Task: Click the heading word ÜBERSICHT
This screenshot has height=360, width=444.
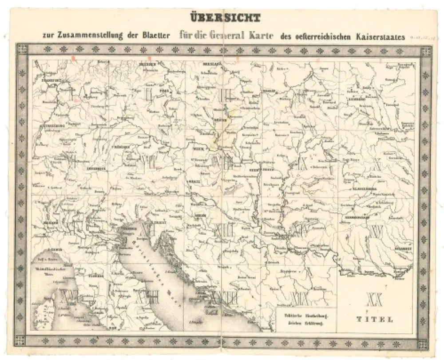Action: pyautogui.click(x=226, y=18)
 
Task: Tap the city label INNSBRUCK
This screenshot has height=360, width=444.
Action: pyautogui.click(x=96, y=168)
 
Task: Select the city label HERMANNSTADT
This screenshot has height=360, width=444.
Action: pyautogui.click(x=355, y=218)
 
